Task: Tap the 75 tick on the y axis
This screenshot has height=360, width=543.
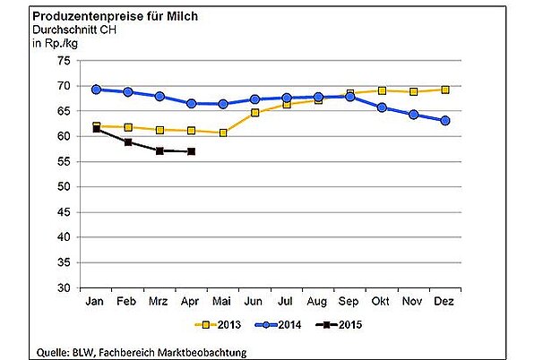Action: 64,60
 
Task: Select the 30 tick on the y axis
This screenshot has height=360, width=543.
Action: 64,288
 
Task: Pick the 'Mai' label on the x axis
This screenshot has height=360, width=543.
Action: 222,301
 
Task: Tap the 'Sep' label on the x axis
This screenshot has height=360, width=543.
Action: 349,301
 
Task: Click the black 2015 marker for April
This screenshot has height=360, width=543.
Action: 192,151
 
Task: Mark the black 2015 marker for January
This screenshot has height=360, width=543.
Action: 96,129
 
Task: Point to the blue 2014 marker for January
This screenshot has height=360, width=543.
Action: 96,90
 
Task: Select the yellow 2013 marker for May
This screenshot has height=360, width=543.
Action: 223,133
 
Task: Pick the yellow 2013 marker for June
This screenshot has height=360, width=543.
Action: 255,113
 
